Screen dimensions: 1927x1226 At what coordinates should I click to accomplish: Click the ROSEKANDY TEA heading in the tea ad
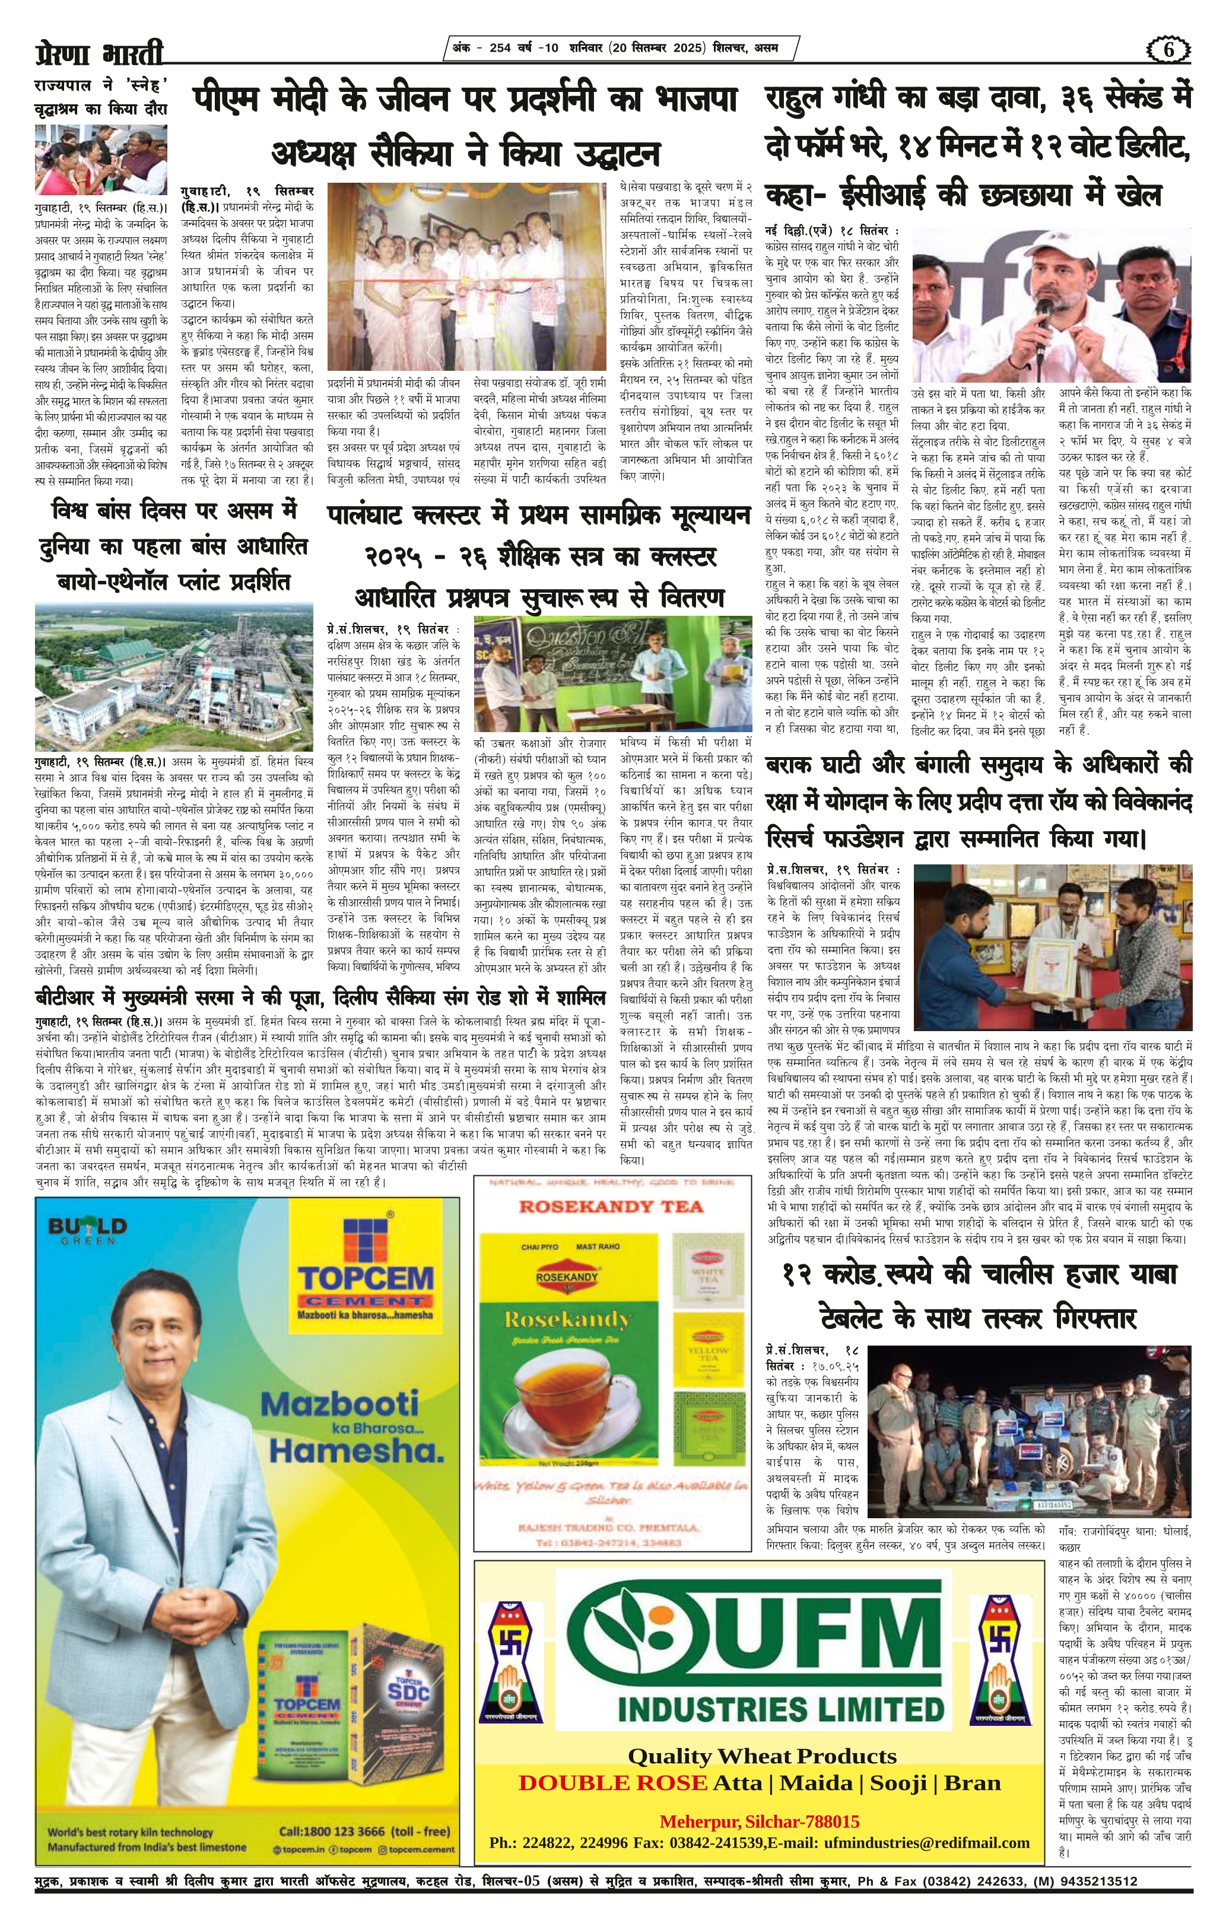coord(611,1206)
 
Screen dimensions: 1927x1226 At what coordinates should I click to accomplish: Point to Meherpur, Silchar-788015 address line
coord(760,1800)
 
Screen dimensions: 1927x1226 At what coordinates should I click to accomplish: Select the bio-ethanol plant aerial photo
coord(174,677)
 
